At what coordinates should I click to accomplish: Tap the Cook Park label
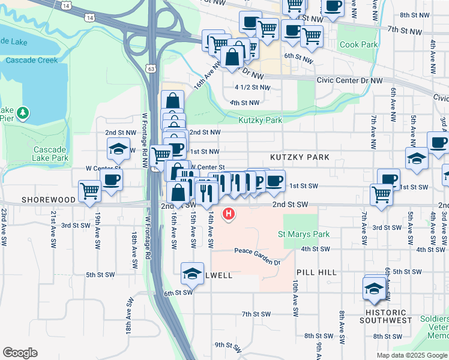pyautogui.click(x=358, y=44)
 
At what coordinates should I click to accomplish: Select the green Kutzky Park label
pyautogui.click(x=260, y=120)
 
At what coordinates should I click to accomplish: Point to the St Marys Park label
pyautogui.click(x=304, y=234)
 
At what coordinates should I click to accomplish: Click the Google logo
pyautogui.click(x=20, y=353)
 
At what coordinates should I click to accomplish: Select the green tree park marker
pyautogui.click(x=23, y=113)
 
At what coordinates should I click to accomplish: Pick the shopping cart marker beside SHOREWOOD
pyautogui.click(x=89, y=191)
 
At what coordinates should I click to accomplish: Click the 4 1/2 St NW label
pyautogui.click(x=252, y=87)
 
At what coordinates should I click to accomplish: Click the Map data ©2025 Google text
pyautogui.click(x=411, y=355)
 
